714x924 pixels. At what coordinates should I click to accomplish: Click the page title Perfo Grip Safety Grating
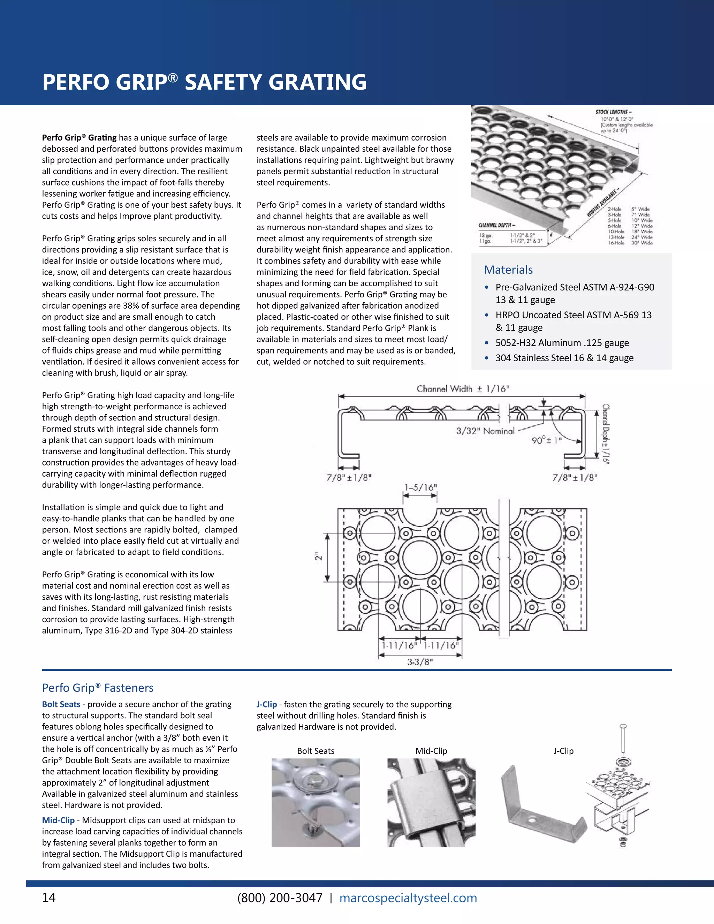click(204, 82)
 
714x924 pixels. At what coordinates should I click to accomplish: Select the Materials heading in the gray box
click(508, 270)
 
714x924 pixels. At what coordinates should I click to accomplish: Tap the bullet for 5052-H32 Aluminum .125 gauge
click(562, 343)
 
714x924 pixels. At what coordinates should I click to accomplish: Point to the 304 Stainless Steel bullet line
click(564, 358)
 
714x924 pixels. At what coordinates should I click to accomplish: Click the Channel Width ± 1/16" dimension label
click(463, 388)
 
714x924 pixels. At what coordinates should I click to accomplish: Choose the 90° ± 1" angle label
click(547, 440)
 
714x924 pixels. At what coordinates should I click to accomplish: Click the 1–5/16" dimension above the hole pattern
click(420, 487)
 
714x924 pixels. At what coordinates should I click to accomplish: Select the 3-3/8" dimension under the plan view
click(420, 662)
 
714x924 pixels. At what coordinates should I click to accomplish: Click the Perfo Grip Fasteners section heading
click(98, 688)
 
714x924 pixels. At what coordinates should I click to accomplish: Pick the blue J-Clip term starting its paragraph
click(266, 704)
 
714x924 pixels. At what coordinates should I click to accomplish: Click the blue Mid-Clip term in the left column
click(58, 820)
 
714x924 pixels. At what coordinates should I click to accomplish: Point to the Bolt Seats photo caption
click(316, 751)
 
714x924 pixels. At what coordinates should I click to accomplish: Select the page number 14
click(49, 898)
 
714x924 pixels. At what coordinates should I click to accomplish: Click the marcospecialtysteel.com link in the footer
click(408, 898)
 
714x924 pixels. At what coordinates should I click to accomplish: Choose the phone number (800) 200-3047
click(280, 898)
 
